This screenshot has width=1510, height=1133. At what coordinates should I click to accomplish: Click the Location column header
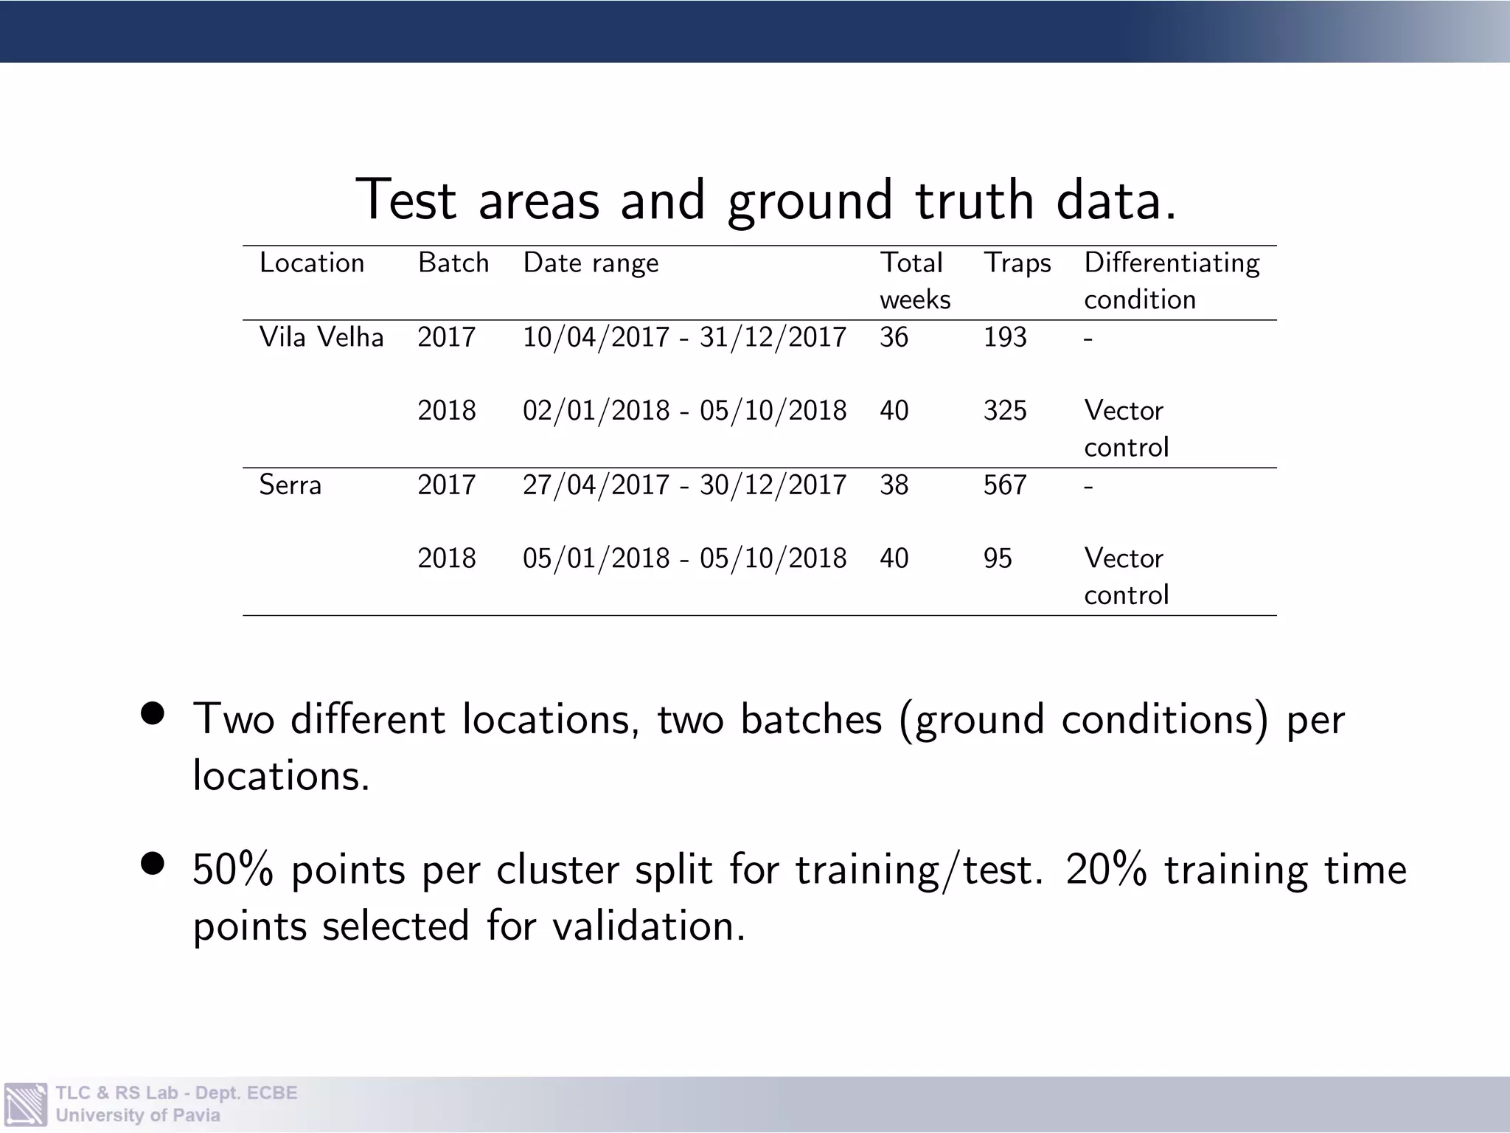(x=311, y=263)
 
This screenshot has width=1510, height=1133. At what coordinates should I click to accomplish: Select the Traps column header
(x=1017, y=263)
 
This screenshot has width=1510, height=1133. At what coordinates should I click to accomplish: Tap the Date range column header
(x=591, y=263)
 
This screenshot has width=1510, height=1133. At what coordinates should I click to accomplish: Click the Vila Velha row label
(x=321, y=337)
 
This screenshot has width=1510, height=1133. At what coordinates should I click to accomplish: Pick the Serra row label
(x=290, y=485)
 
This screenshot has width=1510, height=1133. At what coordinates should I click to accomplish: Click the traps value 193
(x=1004, y=337)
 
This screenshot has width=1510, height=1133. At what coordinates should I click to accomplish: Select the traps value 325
(x=1004, y=411)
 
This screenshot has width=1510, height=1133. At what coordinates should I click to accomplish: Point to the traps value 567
(x=1004, y=485)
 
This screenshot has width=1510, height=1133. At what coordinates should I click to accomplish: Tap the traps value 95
(x=997, y=558)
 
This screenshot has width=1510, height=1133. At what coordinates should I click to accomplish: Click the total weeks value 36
(x=894, y=337)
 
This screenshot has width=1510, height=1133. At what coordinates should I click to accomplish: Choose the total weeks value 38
(x=894, y=485)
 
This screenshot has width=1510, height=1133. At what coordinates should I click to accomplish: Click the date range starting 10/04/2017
(x=684, y=337)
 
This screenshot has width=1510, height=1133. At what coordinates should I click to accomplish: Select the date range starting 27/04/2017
(x=684, y=485)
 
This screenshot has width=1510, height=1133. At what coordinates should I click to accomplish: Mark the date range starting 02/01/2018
(x=684, y=411)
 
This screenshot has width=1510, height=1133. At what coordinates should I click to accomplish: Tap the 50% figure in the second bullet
(x=233, y=870)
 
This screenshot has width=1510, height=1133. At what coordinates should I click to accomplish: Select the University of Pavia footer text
(x=138, y=1115)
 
